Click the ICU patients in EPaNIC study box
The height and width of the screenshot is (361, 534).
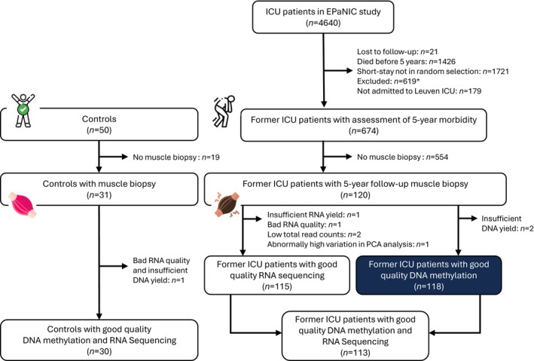tap(323, 17)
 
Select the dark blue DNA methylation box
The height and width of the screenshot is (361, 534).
tap(429, 275)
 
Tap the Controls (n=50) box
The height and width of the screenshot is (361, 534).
tap(99, 124)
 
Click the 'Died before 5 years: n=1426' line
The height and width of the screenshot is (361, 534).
tap(406, 62)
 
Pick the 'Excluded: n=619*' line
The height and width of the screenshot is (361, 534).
tap(387, 81)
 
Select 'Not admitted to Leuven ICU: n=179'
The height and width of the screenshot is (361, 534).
tap(419, 91)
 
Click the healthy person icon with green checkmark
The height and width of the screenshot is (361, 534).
tap(23, 111)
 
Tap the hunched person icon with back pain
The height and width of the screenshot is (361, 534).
tap(224, 112)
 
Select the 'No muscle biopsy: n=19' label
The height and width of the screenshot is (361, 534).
tap(176, 158)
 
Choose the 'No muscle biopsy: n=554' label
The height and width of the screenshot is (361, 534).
tap(402, 158)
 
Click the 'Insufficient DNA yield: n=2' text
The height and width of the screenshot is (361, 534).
tap(508, 224)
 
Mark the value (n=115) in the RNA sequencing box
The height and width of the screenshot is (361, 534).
tap(277, 286)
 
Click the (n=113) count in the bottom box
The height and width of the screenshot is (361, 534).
tap(355, 353)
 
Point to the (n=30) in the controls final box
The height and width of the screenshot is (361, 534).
tap(99, 351)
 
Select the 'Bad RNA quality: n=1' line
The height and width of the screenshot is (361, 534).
tap(304, 225)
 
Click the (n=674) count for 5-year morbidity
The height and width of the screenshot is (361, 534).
tap(364, 131)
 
